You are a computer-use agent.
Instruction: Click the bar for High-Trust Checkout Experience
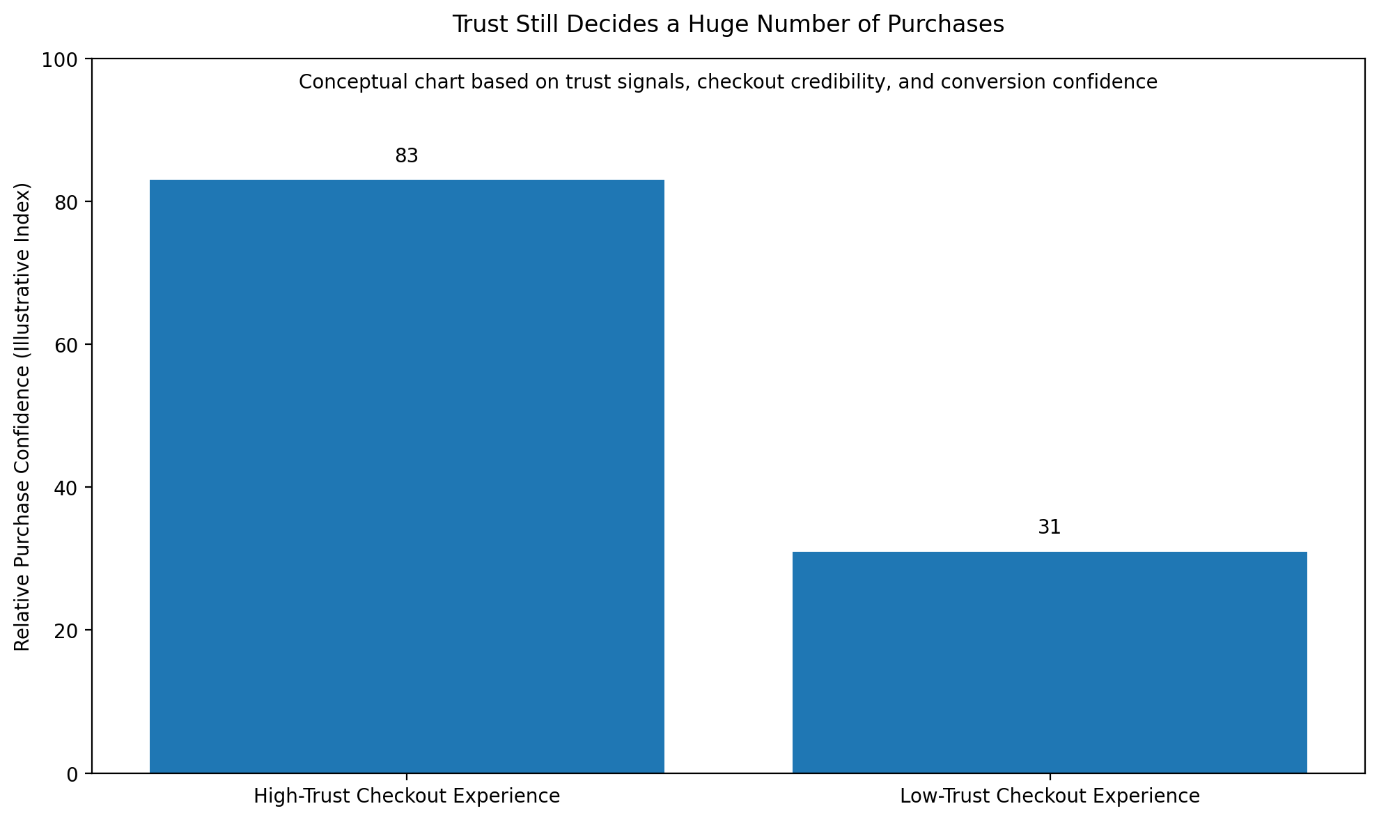click(x=407, y=476)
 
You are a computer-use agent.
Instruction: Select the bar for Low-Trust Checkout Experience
click(x=1050, y=662)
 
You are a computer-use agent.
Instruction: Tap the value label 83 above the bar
click(x=407, y=156)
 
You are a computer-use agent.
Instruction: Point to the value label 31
click(x=1050, y=527)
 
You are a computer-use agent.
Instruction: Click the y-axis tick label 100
click(x=64, y=60)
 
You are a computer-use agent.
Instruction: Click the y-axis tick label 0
click(x=73, y=774)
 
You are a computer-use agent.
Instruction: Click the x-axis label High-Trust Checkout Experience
click(x=407, y=796)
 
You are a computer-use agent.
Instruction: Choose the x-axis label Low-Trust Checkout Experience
click(x=1050, y=796)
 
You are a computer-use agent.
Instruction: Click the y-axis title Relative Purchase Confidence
click(x=23, y=417)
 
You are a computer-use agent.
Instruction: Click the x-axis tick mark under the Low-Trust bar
click(x=1050, y=777)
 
